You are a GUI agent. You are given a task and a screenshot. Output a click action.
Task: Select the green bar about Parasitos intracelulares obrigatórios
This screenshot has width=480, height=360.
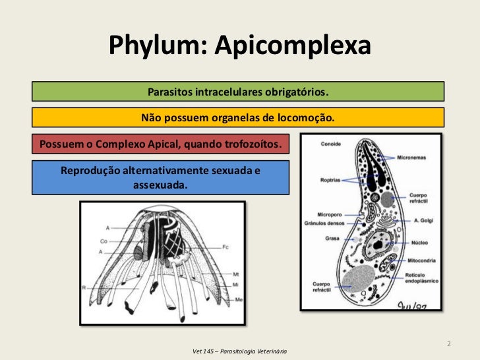point(237,91)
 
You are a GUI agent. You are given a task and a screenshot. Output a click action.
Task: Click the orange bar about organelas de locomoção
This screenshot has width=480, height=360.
point(237,118)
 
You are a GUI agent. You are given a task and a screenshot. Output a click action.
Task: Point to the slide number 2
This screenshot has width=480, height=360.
point(448,344)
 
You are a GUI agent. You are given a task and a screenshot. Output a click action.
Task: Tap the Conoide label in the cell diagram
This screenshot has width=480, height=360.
point(330,143)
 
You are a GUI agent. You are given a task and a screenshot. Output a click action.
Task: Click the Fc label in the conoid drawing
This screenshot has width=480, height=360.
point(225,247)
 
